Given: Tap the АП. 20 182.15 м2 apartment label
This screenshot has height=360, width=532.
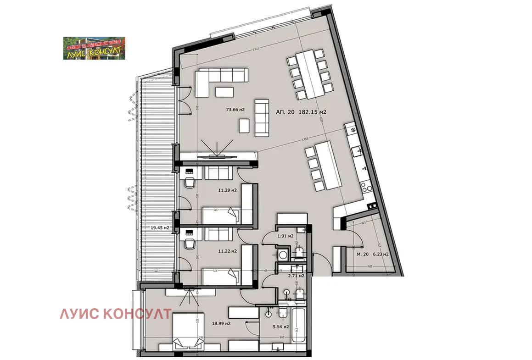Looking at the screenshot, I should [301, 111].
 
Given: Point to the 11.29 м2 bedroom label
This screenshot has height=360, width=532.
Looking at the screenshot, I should [227, 190].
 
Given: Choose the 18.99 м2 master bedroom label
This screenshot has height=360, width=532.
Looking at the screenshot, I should [221, 323].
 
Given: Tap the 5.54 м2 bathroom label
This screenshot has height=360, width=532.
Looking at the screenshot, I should [280, 327].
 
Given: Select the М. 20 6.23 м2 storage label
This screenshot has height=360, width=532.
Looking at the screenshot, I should [373, 254].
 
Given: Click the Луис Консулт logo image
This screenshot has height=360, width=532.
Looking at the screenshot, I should [94, 48].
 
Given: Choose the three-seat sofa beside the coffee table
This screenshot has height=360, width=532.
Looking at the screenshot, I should [262, 117].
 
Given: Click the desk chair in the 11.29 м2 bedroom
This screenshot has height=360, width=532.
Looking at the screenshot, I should [190, 183].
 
